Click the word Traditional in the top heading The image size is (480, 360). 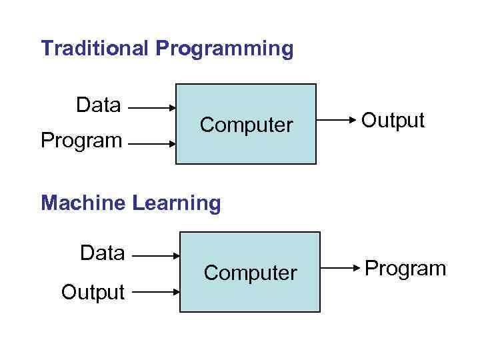tap(95, 49)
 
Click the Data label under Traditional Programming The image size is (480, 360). tap(99, 105)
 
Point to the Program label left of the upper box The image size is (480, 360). tap(81, 141)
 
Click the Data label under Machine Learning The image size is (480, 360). tap(102, 253)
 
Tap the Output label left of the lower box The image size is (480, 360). tap(93, 292)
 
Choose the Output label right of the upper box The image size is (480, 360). tap(393, 121)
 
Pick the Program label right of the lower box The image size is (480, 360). tap(405, 269)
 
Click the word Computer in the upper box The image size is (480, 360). tap(246, 125)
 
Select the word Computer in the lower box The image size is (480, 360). tap(250, 273)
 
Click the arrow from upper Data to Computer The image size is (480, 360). tap(151, 107)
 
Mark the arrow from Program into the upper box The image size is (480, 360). tap(151, 142)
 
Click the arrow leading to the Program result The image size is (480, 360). tap(340, 269)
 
